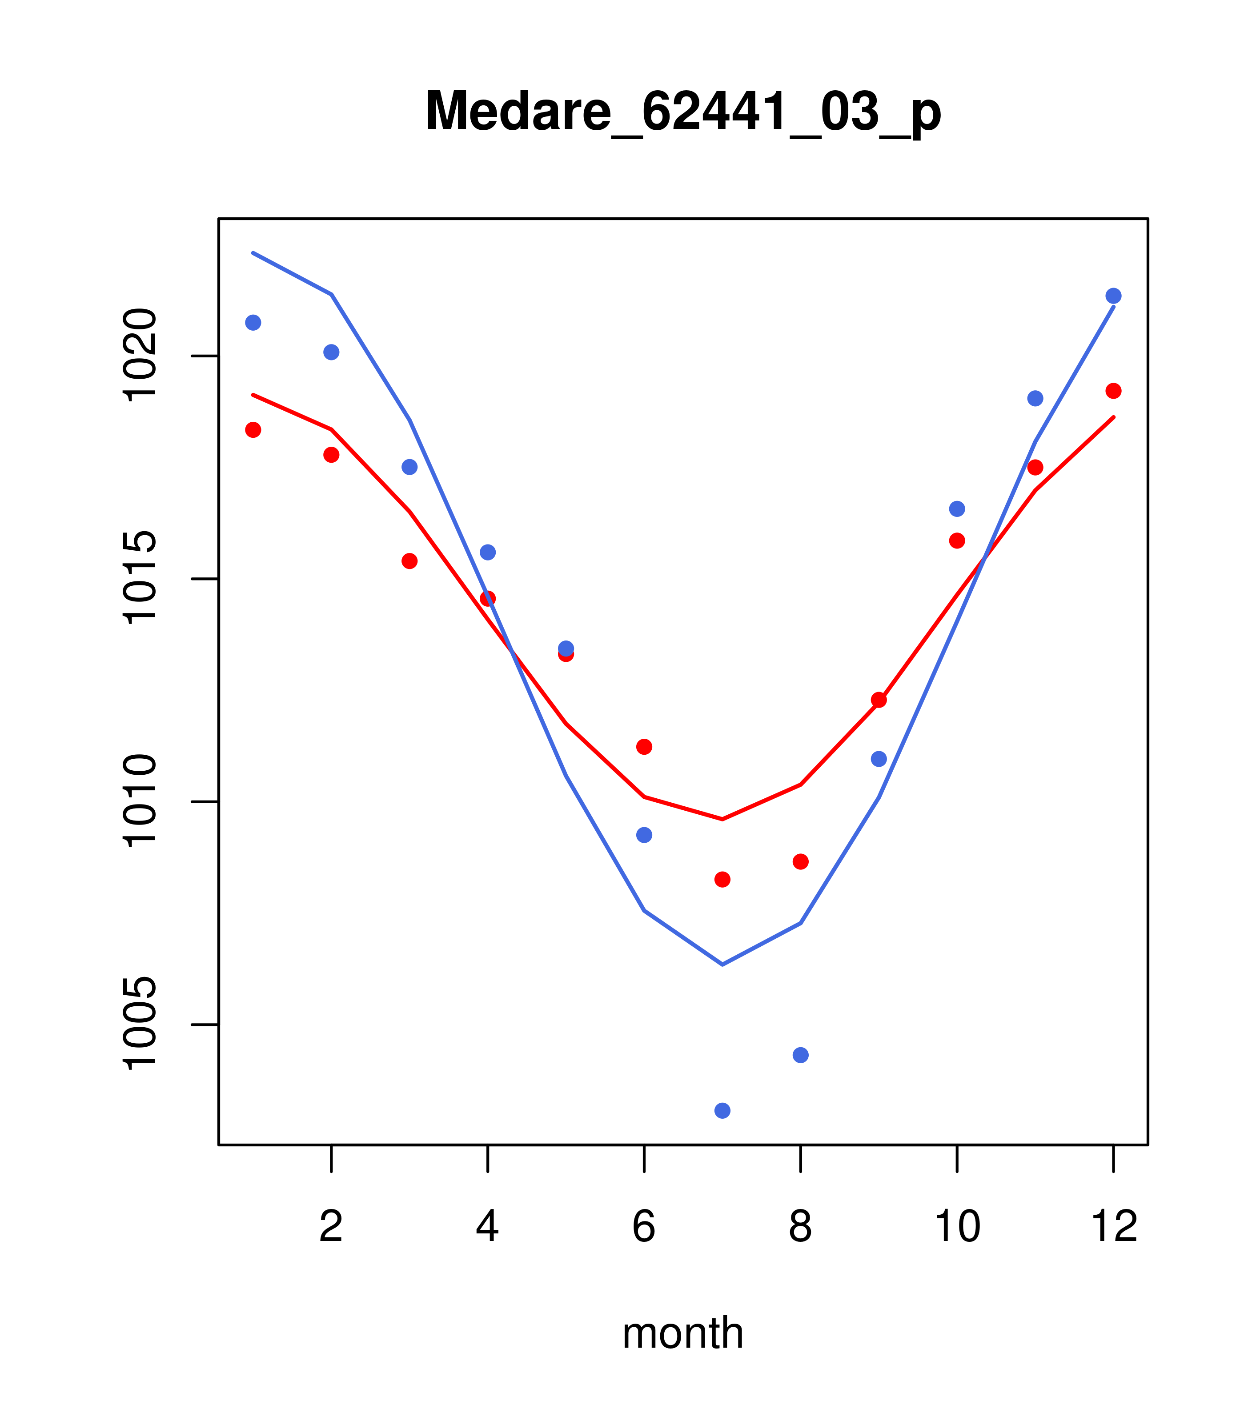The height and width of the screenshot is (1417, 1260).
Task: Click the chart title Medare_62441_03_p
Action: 683,112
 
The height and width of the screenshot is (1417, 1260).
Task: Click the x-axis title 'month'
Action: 682,1333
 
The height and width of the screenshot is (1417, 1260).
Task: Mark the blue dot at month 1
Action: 253,322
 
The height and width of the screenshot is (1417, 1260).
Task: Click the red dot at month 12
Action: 1114,391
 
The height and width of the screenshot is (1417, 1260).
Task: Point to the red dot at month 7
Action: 722,880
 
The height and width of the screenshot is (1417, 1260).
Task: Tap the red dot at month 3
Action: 410,561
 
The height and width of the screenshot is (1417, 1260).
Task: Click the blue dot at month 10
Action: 957,509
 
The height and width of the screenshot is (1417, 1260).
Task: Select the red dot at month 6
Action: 644,747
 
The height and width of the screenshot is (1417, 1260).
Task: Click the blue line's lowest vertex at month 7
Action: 722,965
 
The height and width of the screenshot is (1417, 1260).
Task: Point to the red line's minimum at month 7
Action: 722,820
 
